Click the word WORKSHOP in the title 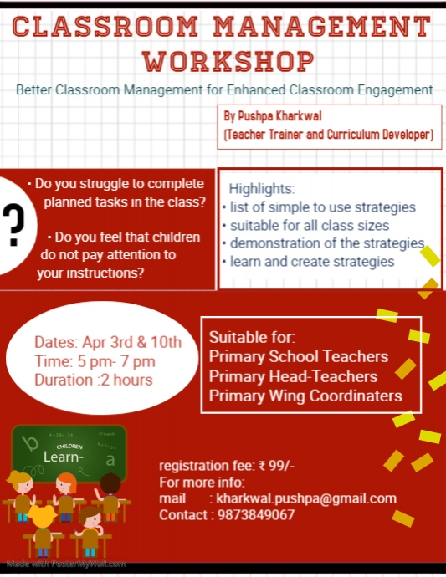click(228, 60)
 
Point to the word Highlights click(256, 189)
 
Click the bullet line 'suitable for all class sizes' click(309, 225)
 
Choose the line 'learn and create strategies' click(310, 262)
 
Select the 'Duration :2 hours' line click(93, 380)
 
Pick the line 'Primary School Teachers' click(299, 357)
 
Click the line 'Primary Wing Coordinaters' click(305, 396)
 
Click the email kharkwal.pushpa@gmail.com click(306, 498)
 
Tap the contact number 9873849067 click(255, 515)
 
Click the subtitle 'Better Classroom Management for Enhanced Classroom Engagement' click(224, 89)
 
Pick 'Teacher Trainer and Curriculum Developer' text click(328, 134)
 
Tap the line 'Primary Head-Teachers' click(293, 376)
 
